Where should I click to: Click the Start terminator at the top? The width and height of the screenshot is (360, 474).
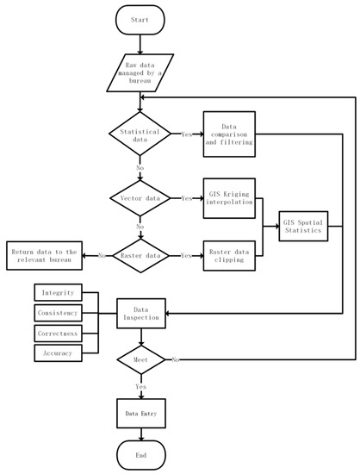140,20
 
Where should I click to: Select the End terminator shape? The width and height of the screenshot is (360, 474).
140,454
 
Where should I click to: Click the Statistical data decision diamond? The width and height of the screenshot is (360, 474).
140,135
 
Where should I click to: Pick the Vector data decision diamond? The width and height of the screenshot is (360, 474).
140,197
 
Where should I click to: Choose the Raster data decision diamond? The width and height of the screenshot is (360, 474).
140,256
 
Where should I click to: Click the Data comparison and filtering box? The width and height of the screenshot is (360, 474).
230,135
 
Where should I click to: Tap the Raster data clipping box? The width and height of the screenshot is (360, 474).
230,256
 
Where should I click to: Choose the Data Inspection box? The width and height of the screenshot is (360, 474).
140,312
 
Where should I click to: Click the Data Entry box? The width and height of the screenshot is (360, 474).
140,413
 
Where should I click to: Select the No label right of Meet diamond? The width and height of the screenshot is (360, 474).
177,358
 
